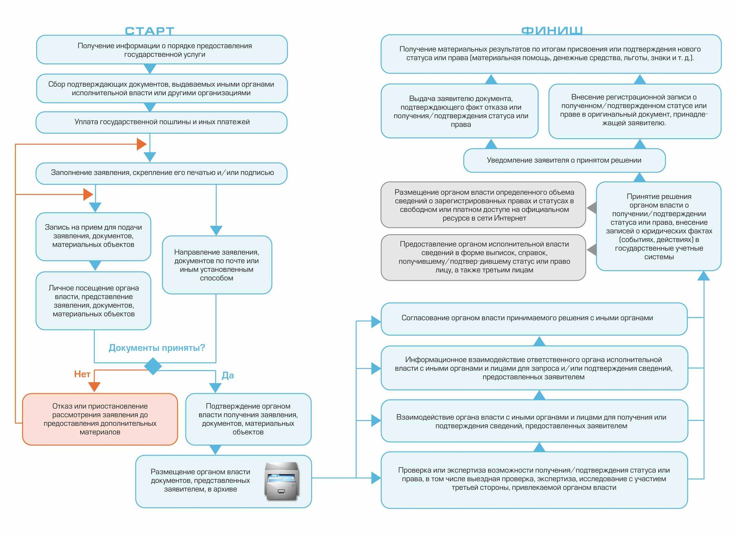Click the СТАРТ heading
[x=149, y=31]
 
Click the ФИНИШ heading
[x=552, y=31]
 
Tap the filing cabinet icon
[x=281, y=481]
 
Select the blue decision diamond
[x=153, y=366]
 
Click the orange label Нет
[x=82, y=374]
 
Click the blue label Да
[x=228, y=375]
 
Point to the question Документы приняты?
[x=157, y=348]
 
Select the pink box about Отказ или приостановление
[x=100, y=419]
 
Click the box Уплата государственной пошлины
[x=161, y=122]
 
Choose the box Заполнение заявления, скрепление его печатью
[x=161, y=173]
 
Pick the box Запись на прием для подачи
[x=93, y=236]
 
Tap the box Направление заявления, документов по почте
[x=217, y=264]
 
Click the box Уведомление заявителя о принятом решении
[x=564, y=160]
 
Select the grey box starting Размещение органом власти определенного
[x=483, y=205]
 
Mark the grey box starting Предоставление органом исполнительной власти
[x=483, y=257]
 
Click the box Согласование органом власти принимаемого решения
[x=534, y=319]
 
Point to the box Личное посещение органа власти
[x=93, y=301]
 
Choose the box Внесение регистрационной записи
[x=635, y=111]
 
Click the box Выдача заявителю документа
[x=459, y=111]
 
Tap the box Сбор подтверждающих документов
[x=162, y=88]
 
